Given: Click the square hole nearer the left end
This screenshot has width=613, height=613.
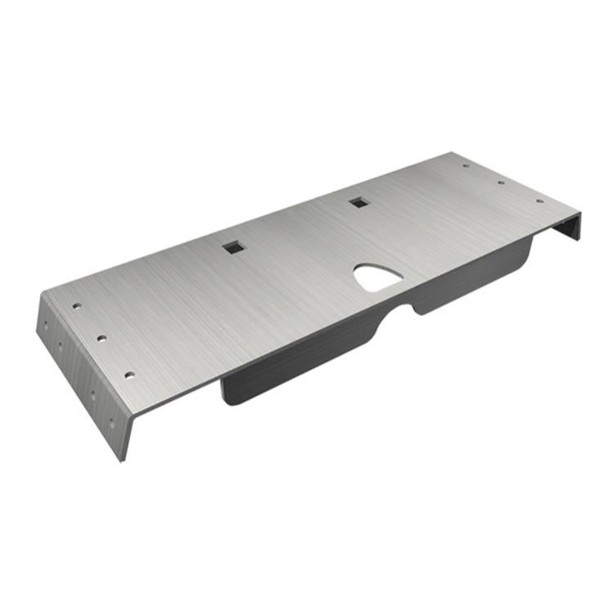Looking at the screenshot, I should click(x=234, y=246).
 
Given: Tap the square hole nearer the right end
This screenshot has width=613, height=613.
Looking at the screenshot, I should click(x=358, y=201).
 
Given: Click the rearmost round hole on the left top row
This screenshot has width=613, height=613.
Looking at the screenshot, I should click(x=77, y=305).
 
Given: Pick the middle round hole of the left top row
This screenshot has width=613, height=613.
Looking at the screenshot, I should click(x=101, y=337).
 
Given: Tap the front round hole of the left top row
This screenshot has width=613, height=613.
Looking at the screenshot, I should click(x=129, y=375).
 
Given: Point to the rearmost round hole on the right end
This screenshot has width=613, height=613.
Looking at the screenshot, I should click(x=466, y=166).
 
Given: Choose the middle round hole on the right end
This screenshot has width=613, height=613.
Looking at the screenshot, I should click(x=501, y=183).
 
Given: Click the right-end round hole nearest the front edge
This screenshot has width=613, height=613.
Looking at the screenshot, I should click(x=539, y=201).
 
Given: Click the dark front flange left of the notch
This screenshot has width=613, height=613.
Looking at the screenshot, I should click(x=303, y=360).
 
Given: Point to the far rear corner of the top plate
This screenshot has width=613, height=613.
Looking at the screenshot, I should click(x=451, y=153).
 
